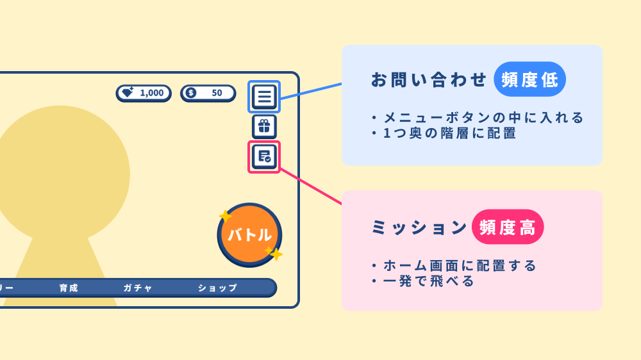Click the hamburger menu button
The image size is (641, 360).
coord(264,97)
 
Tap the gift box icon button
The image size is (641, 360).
coord(264,126)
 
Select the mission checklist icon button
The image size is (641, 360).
coord(264,156)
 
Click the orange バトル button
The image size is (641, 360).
coord(249,234)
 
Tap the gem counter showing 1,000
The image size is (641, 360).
coord(144,93)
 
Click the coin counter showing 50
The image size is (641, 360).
coord(208,93)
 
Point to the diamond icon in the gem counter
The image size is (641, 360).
coord(128,93)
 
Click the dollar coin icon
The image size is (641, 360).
coord(190,93)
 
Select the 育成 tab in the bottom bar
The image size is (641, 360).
coord(69,288)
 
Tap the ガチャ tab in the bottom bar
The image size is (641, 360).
coord(138,288)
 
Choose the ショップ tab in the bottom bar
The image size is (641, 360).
coord(217,288)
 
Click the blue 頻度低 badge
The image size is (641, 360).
coord(529,79)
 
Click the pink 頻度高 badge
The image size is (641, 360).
coord(508,227)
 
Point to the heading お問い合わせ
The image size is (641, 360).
coord(429,80)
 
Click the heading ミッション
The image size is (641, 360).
coord(419,228)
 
